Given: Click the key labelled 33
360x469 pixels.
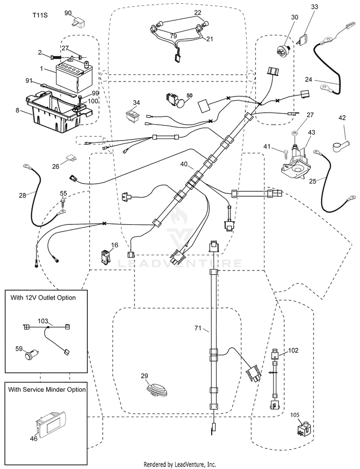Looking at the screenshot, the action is click(x=304, y=39).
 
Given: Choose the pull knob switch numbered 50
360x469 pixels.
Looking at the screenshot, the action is click(x=175, y=101).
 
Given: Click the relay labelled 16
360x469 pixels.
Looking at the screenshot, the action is click(x=105, y=257).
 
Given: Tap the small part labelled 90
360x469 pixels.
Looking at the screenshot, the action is click(x=78, y=23).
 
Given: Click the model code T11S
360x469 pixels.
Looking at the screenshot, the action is click(x=40, y=15).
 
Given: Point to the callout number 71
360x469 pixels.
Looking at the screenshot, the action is click(x=198, y=328).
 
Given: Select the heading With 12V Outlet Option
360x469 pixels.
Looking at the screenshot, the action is click(x=43, y=298).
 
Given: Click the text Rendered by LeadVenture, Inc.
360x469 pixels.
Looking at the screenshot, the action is click(x=180, y=465).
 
